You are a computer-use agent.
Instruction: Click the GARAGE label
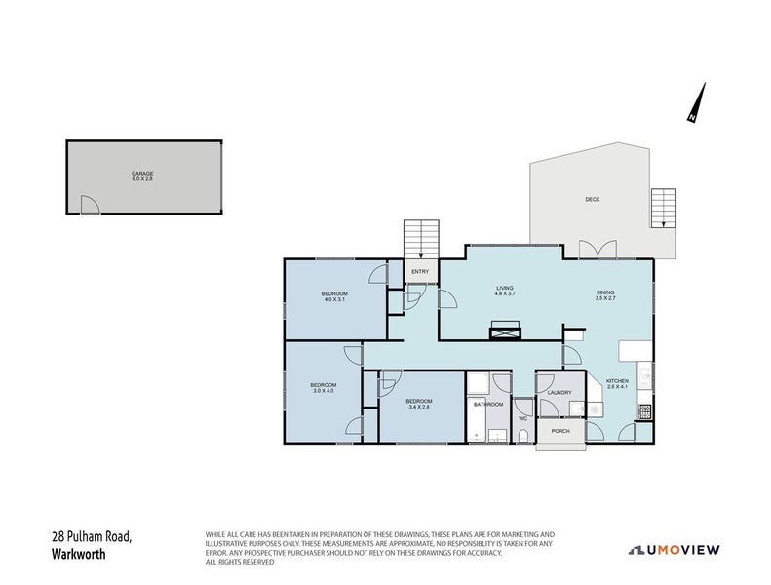pyautogui.click(x=142, y=174)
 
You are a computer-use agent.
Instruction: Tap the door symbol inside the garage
pyautogui.click(x=89, y=205)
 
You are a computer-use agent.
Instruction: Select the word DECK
pyautogui.click(x=592, y=199)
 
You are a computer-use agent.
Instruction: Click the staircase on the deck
pyautogui.click(x=663, y=208)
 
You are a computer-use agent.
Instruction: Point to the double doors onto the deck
pyautogui.click(x=597, y=250)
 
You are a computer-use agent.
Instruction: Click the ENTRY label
pyautogui.click(x=420, y=272)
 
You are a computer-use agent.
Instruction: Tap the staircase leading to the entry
pyautogui.click(x=421, y=239)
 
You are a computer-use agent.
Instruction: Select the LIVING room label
pyautogui.click(x=504, y=288)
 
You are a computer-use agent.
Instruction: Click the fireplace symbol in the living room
pyautogui.click(x=505, y=331)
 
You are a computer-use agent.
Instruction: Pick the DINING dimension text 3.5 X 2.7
pyautogui.click(x=606, y=299)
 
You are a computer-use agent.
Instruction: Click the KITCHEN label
pyautogui.click(x=618, y=381)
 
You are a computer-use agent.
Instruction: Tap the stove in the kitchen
pyautogui.click(x=644, y=414)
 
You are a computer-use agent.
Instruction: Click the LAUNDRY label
pyautogui.click(x=559, y=393)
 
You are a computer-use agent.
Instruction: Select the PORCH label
pyautogui.click(x=560, y=431)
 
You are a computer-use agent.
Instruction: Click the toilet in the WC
pyautogui.click(x=523, y=435)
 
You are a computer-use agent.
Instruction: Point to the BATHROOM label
pyautogui.click(x=487, y=404)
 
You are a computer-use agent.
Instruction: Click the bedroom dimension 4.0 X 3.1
pyautogui.click(x=335, y=300)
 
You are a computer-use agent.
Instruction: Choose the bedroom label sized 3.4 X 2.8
pyautogui.click(x=419, y=401)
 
